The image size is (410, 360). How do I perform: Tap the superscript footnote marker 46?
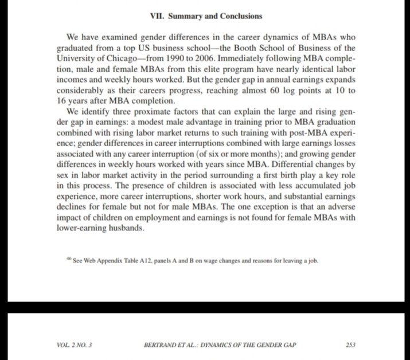69,259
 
